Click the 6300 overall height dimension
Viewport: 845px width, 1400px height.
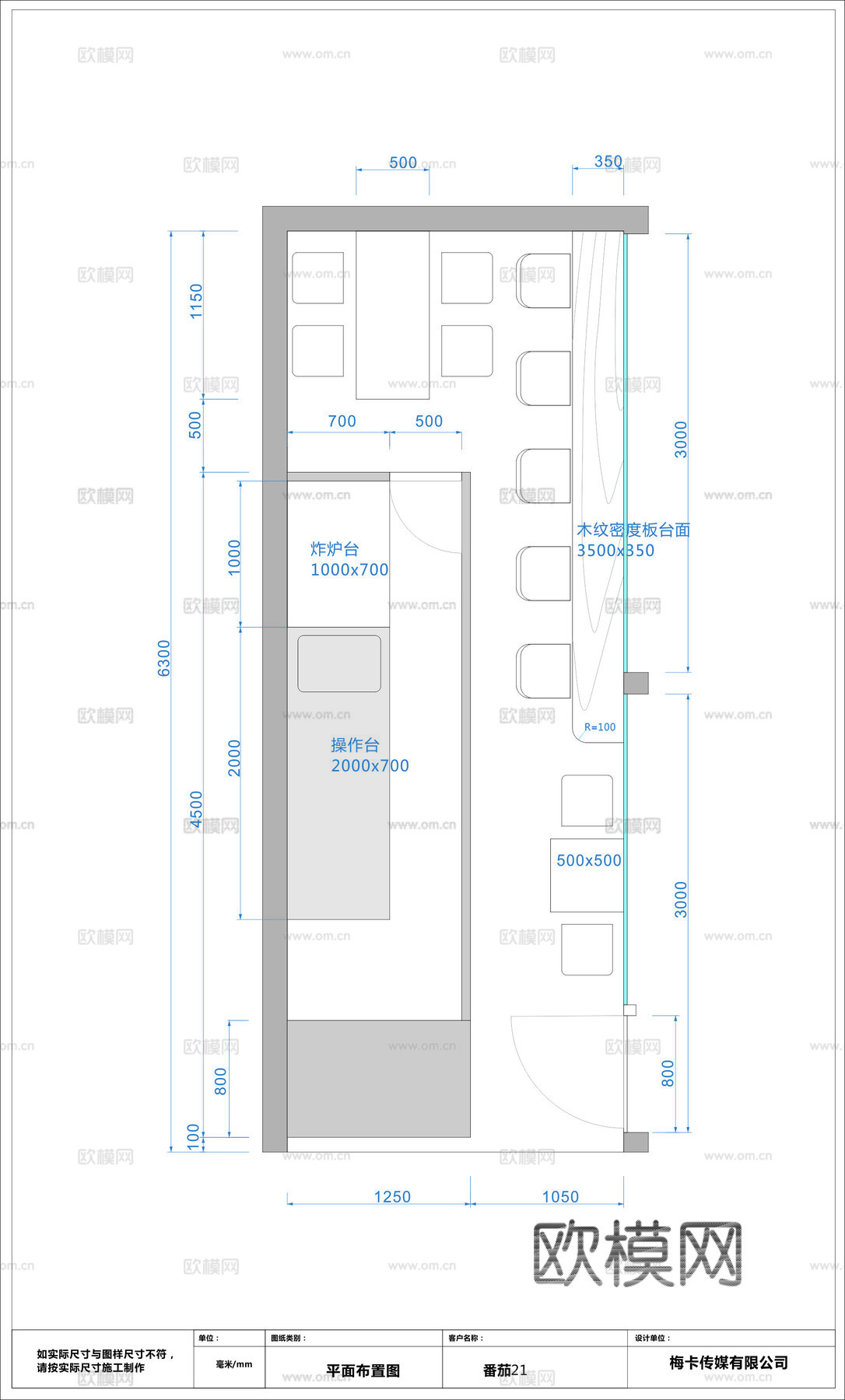[164, 658]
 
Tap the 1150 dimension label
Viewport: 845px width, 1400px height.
[196, 301]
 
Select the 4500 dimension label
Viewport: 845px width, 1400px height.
[196, 810]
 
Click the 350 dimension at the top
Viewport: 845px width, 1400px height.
[608, 162]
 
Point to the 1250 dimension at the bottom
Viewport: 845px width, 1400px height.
[392, 1197]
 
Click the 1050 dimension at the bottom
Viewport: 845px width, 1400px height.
[560, 1197]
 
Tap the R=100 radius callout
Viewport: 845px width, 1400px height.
[600, 727]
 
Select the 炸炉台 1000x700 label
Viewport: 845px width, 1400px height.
[349, 559]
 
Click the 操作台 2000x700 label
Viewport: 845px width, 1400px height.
[370, 755]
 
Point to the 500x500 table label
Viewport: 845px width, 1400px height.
[588, 861]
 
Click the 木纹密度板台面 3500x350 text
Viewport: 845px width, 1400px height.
[633, 540]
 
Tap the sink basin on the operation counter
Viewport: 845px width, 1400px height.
[339, 663]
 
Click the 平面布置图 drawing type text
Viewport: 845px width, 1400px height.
[363, 1371]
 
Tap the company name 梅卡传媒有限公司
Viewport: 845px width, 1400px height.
[728, 1363]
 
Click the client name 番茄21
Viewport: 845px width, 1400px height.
[504, 1370]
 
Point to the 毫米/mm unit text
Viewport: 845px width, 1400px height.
[233, 1364]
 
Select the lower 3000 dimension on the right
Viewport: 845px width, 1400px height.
[681, 900]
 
